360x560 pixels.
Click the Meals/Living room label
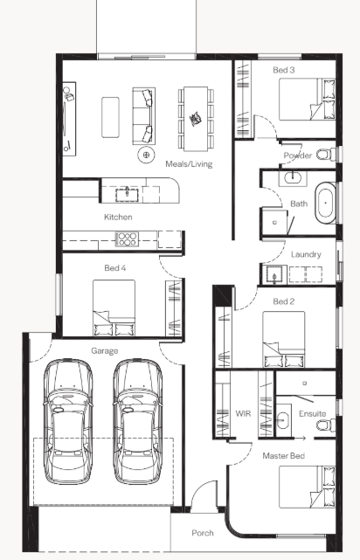(x=189, y=164)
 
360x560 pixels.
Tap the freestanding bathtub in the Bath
(x=325, y=203)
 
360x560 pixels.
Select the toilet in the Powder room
(x=326, y=155)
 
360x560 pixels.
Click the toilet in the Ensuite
(x=326, y=425)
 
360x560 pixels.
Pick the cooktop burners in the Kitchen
(x=127, y=239)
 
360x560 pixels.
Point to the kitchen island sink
(x=127, y=195)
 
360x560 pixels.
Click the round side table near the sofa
(x=146, y=155)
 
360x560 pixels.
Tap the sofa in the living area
(x=144, y=115)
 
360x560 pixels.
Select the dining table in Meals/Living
(x=196, y=118)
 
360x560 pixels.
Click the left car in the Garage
(x=68, y=421)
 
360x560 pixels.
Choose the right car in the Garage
(x=137, y=421)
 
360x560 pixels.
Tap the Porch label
(x=203, y=533)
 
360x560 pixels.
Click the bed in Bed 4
(x=114, y=308)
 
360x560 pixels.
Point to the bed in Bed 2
(x=284, y=339)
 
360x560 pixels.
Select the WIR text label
(x=243, y=413)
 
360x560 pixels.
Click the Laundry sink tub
(x=274, y=275)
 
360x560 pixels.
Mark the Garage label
(x=104, y=351)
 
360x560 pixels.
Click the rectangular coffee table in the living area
(x=110, y=117)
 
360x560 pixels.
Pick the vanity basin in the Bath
(x=294, y=177)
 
